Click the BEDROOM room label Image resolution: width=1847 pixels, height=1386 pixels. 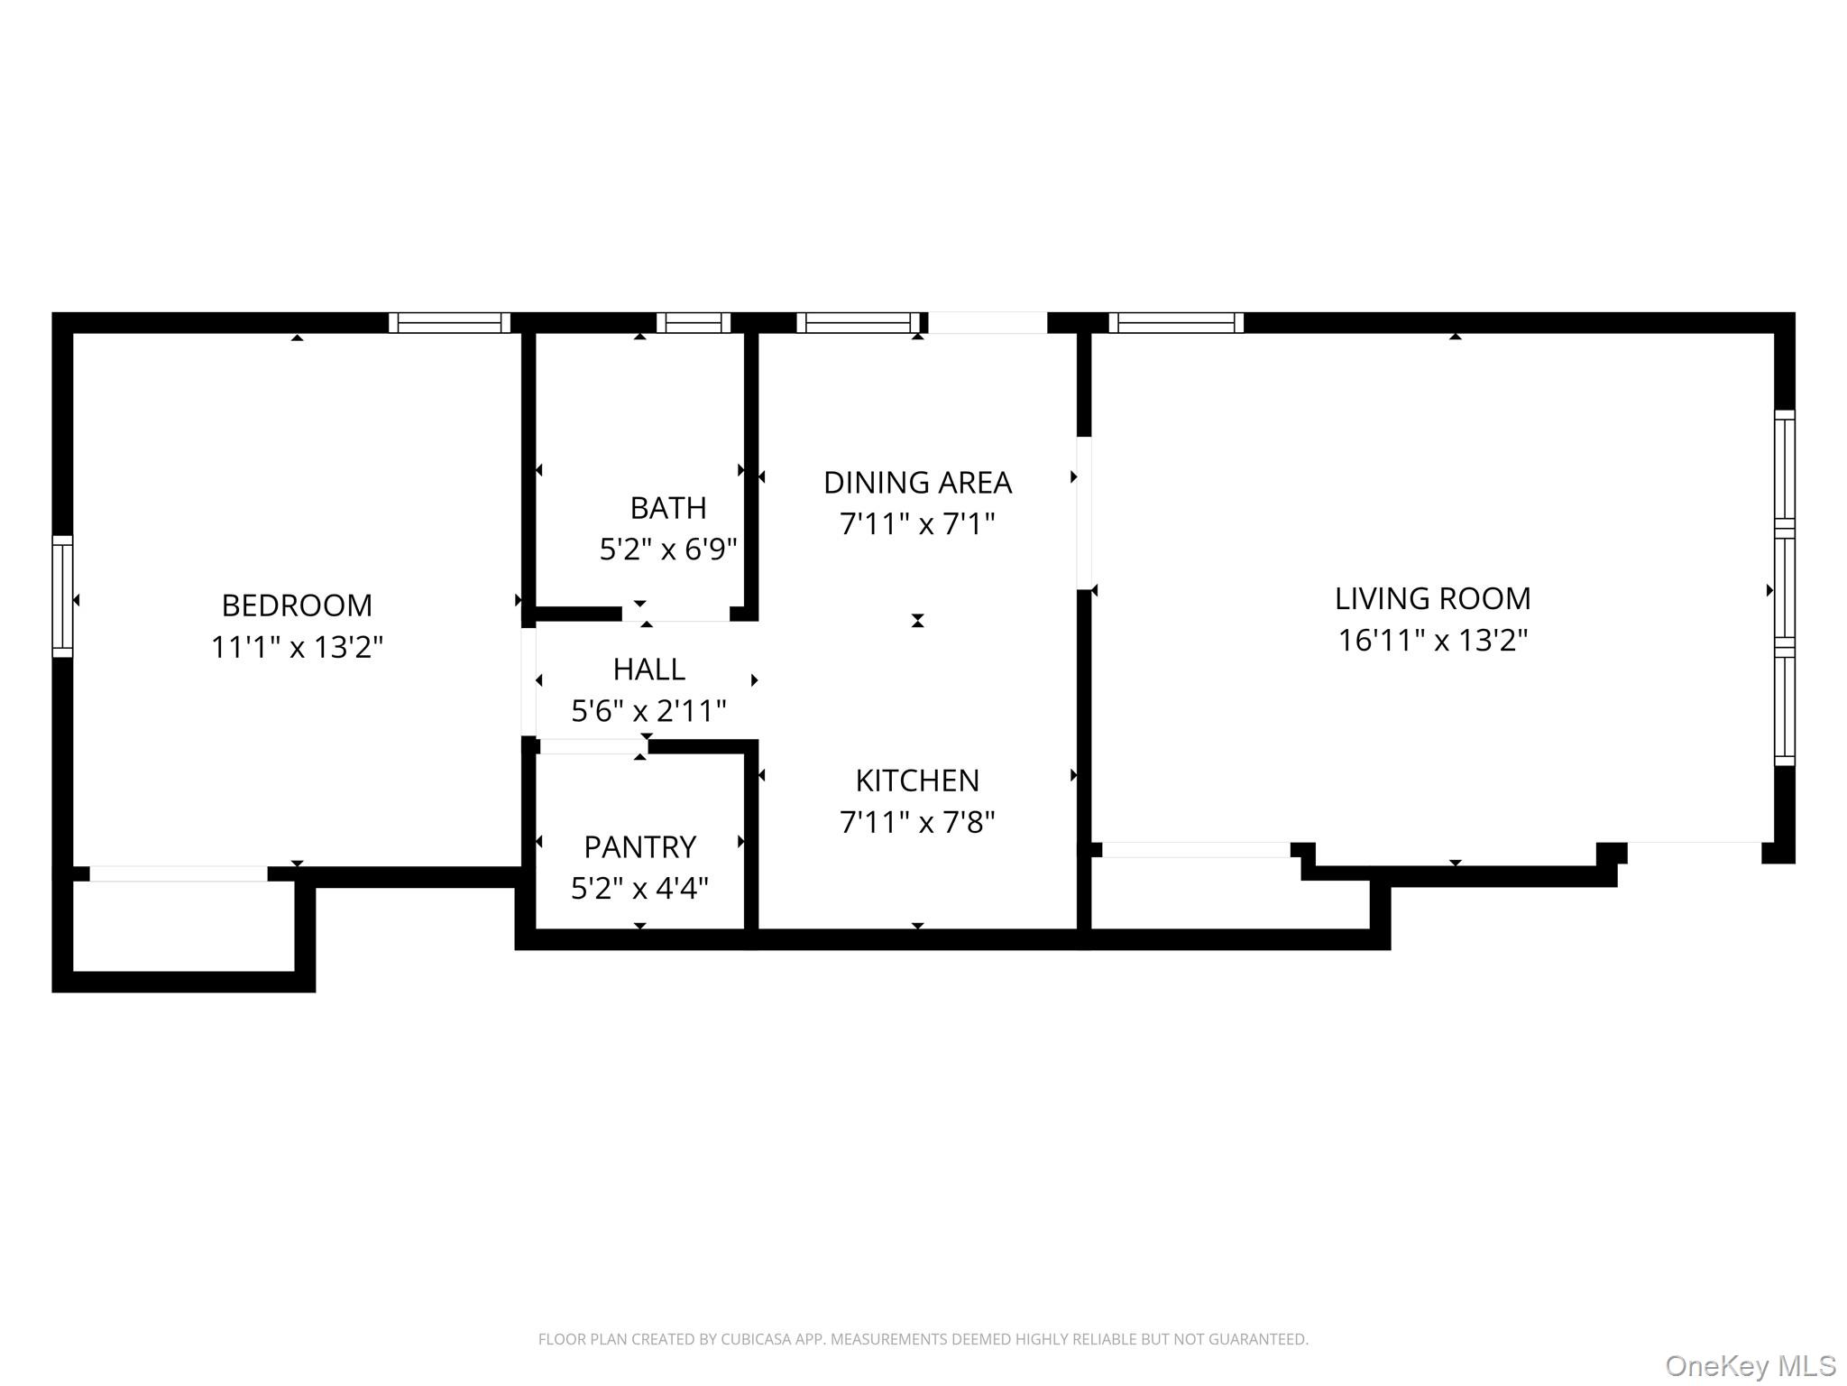(297, 605)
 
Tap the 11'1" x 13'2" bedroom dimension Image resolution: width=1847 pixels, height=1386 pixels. (297, 647)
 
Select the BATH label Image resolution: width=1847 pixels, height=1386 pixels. (667, 508)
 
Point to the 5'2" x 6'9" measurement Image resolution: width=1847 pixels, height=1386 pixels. (667, 549)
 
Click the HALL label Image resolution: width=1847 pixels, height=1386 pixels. (648, 669)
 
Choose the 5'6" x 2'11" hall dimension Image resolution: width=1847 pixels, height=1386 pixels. (648, 711)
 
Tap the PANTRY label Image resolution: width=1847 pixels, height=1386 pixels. (639, 846)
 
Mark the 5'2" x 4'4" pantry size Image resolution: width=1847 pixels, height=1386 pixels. (639, 889)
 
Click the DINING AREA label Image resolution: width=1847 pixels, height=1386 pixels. (917, 483)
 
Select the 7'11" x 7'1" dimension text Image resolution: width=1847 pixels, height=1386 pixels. (917, 523)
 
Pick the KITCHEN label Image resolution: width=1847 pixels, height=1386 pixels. (917, 780)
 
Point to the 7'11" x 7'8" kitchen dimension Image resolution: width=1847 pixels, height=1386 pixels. (917, 822)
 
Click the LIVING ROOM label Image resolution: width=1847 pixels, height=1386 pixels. (1432, 598)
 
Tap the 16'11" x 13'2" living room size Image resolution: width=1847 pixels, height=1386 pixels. (1432, 640)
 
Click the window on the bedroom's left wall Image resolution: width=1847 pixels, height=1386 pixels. (62, 596)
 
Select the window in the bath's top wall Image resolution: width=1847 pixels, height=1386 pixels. (693, 322)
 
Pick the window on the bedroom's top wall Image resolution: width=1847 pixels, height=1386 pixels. (449, 322)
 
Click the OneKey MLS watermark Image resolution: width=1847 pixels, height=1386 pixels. (1750, 1365)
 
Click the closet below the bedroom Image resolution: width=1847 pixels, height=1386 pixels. (183, 926)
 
